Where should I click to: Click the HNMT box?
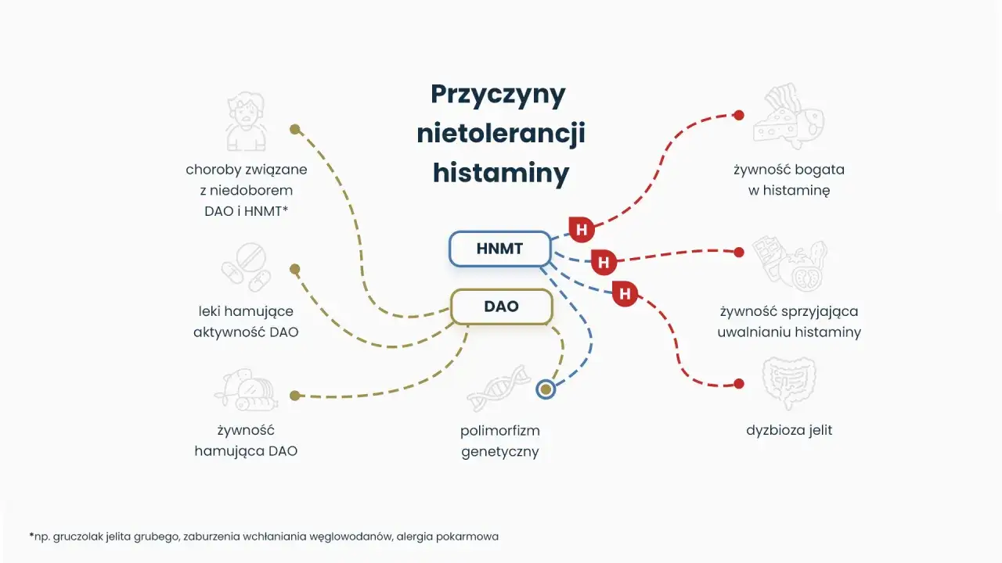pos(499,249)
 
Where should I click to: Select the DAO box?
pos(501,307)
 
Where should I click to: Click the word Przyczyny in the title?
pos(499,95)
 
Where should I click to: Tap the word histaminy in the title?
pos(500,172)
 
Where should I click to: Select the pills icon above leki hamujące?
pos(245,266)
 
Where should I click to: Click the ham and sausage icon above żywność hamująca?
pos(245,391)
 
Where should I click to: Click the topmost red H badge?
pos(581,230)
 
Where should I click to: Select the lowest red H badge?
pos(625,293)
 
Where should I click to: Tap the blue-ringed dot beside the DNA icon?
pos(546,389)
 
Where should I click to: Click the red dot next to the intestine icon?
pos(738,384)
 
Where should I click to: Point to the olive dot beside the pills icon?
pos(294,269)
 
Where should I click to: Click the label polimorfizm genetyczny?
pos(500,441)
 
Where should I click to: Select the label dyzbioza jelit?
pos(789,430)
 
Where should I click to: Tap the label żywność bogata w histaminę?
pos(789,180)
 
